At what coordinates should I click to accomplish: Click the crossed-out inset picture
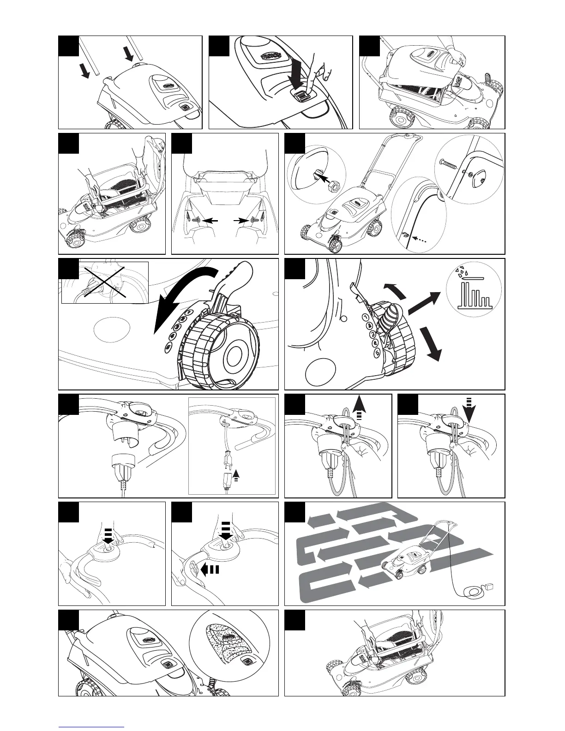coord(105,283)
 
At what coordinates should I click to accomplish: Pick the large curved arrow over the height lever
coord(185,295)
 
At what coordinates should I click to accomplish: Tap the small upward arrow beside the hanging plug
coord(237,473)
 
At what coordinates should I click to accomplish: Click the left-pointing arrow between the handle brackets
coord(210,222)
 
